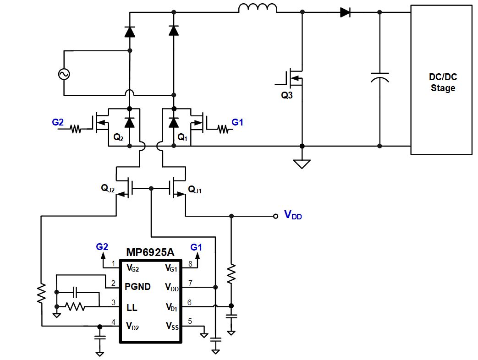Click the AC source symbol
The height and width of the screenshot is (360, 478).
point(63,73)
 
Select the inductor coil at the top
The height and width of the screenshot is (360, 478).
point(258,8)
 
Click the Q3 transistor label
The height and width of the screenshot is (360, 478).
point(286,96)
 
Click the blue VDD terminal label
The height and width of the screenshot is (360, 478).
point(293,214)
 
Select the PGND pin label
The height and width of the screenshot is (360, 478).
point(138,287)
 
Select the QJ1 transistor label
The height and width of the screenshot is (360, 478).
point(194,188)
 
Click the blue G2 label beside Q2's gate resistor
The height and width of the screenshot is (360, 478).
point(58,122)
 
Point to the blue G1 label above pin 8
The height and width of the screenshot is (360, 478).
point(196,247)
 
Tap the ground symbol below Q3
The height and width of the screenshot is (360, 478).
point(302,164)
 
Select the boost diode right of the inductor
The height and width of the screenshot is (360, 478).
point(346,13)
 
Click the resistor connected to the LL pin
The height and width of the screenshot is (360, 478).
point(76,307)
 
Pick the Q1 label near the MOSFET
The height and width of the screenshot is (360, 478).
point(182,137)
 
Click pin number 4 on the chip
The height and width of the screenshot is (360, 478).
point(113,322)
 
